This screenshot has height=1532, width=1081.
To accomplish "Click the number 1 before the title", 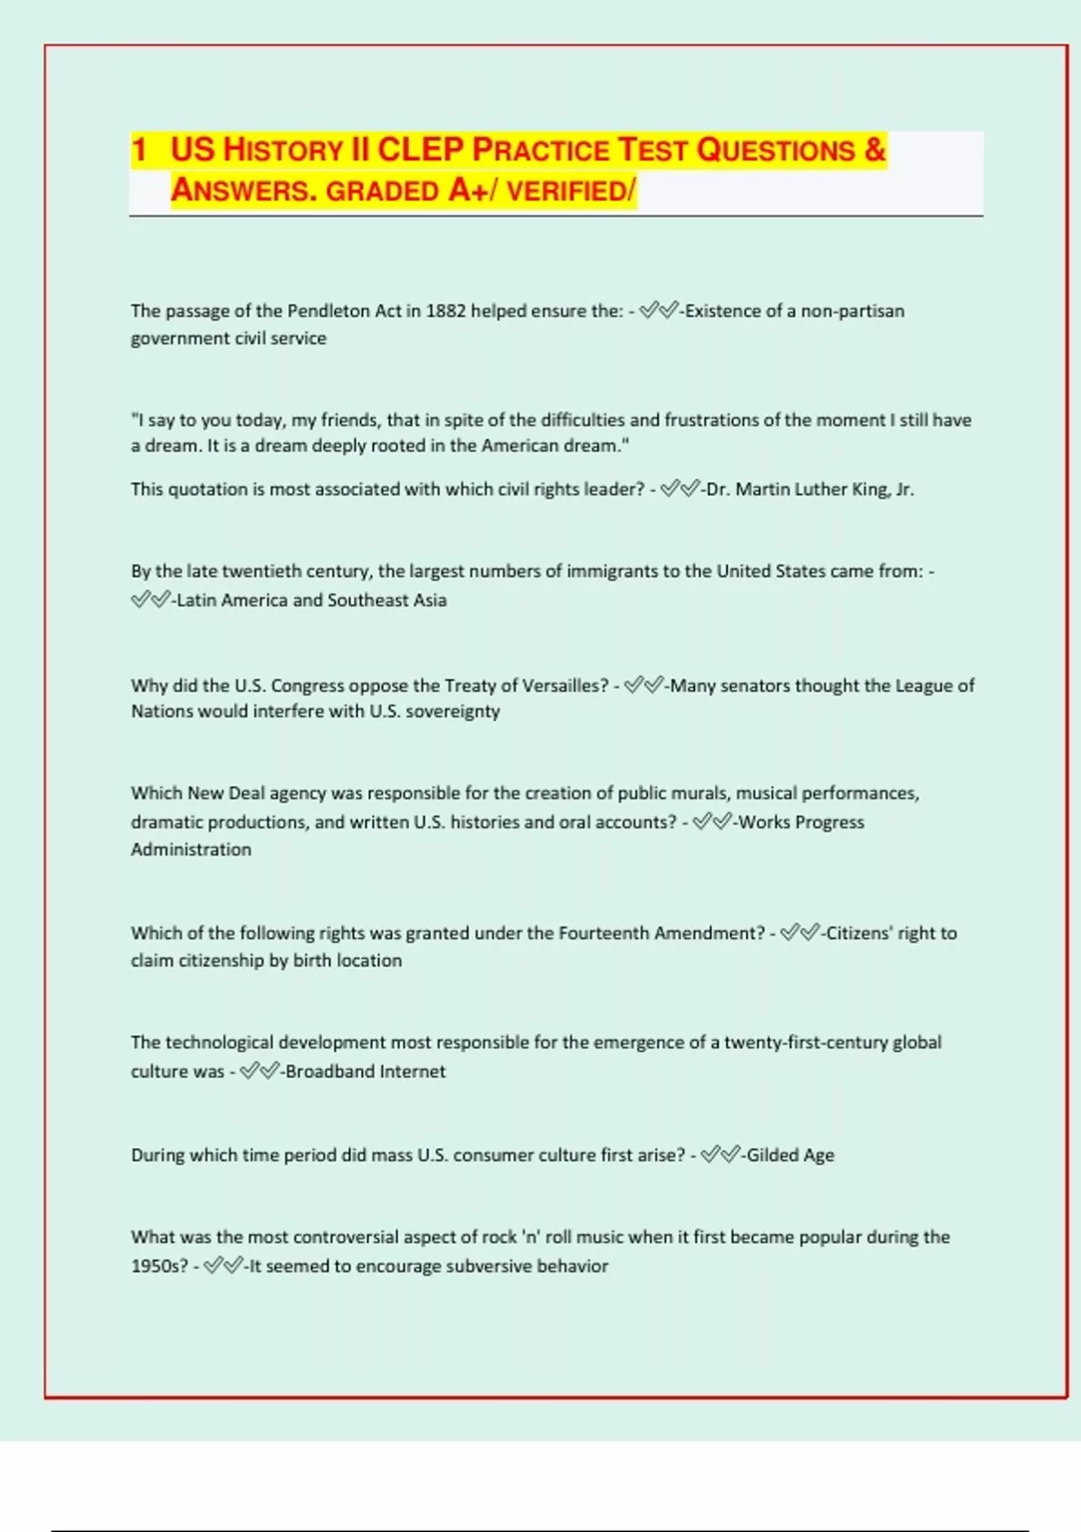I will (139, 150).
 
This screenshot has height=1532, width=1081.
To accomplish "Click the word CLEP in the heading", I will (419, 150).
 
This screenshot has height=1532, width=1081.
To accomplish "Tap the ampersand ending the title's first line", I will (875, 150).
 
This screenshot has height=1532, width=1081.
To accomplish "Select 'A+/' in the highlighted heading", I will (469, 190).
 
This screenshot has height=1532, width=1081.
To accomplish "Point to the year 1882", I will (446, 311).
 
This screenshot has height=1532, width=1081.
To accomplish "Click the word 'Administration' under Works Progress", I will (191, 849).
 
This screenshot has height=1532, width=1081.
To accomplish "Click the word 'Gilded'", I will (773, 1155).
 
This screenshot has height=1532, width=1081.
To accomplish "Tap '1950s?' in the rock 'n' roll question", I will (159, 1266).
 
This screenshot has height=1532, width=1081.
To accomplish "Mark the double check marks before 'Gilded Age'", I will (720, 1154).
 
